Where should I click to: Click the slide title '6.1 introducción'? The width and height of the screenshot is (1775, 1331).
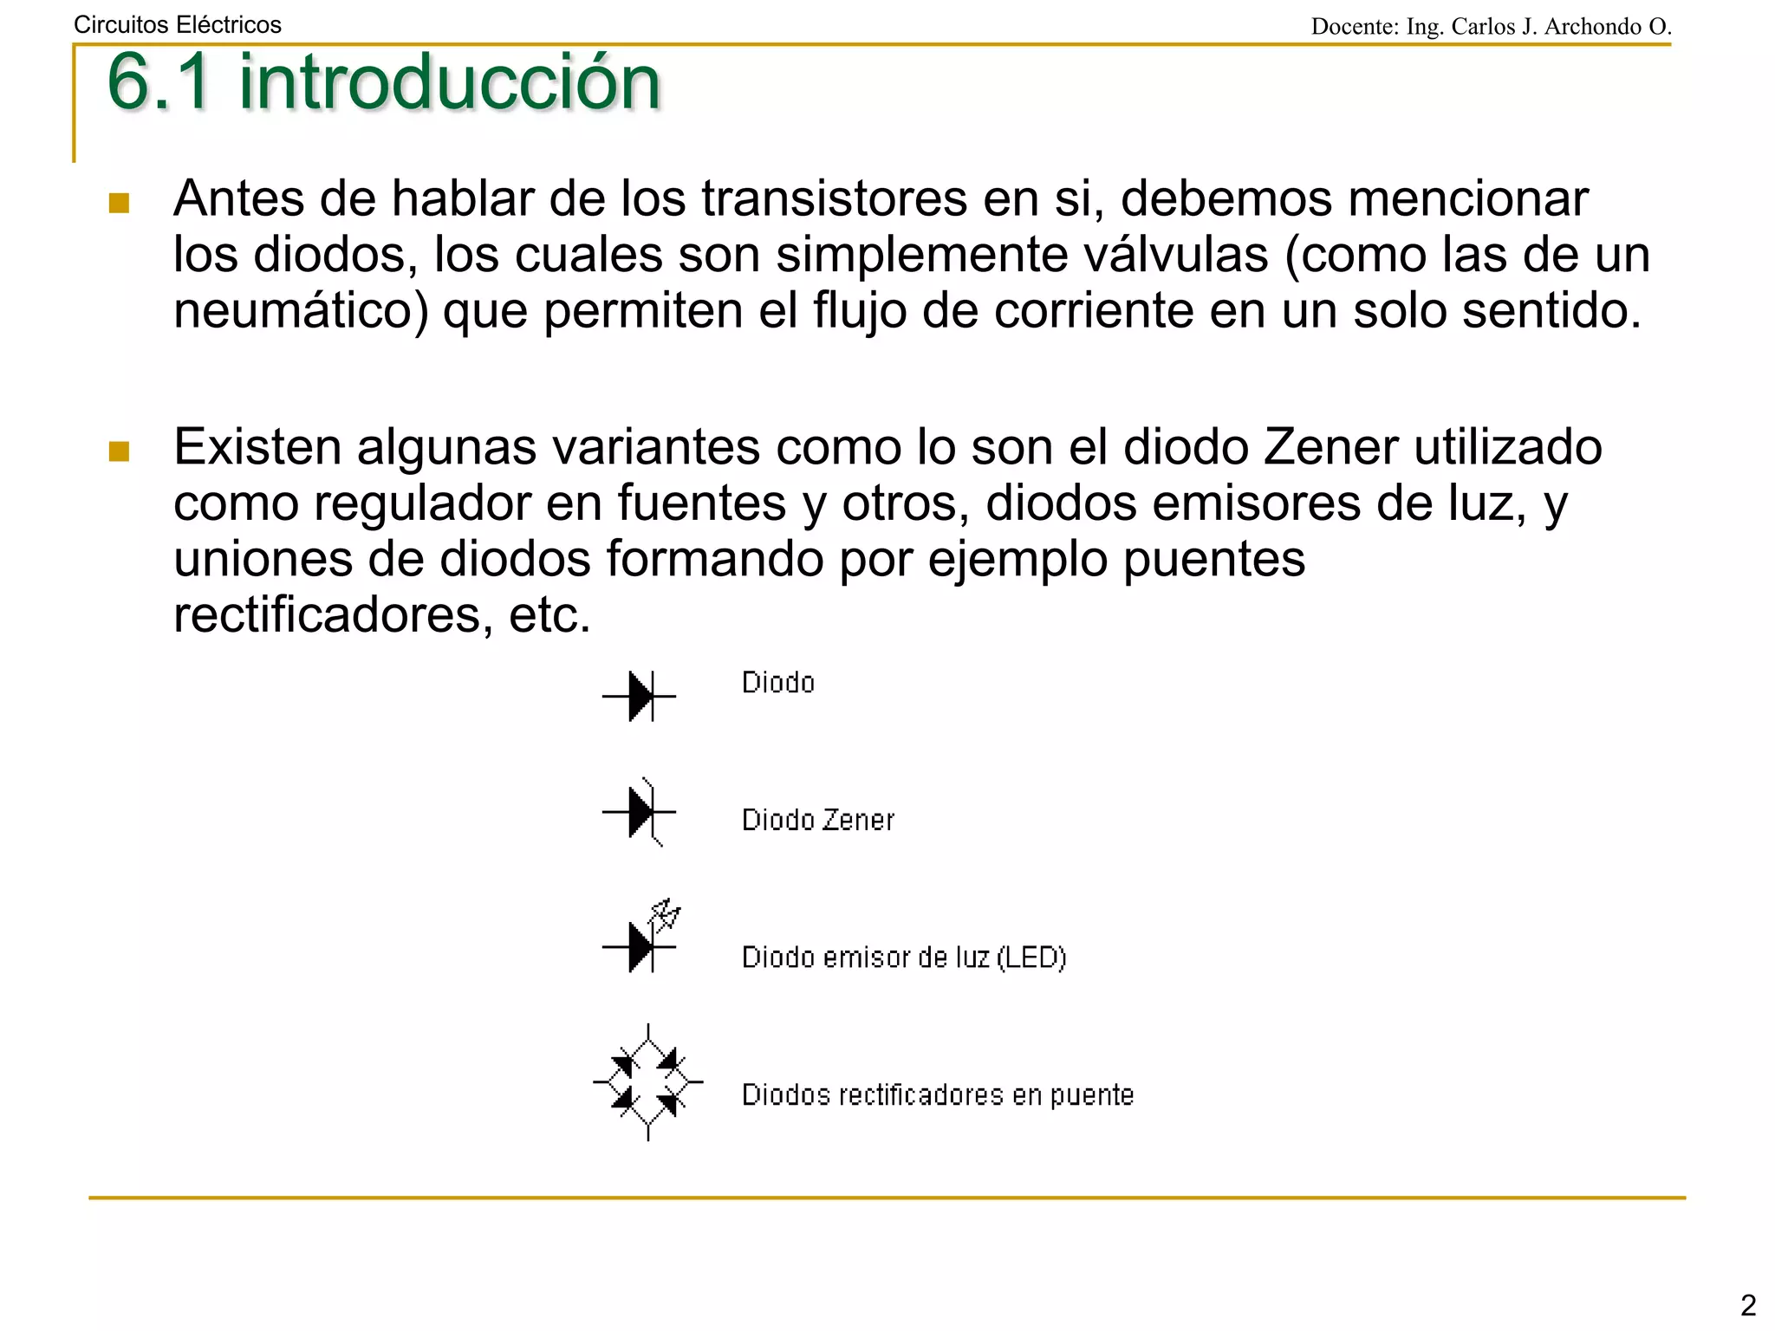tap(383, 82)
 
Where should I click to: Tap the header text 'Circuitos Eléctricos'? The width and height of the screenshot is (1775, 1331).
tap(178, 25)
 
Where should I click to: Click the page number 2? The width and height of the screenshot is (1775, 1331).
tap(1747, 1304)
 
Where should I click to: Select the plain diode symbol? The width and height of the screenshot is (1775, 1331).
tap(640, 696)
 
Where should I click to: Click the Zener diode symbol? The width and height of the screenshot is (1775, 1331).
tap(640, 813)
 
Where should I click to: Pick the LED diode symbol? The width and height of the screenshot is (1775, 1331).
tap(641, 939)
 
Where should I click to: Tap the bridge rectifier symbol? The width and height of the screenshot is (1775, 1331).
tap(648, 1082)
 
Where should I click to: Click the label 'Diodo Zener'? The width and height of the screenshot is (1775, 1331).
tap(817, 820)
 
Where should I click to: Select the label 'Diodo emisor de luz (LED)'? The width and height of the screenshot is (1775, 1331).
tap(903, 958)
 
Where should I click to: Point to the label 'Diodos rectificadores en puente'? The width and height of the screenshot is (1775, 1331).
tap(938, 1095)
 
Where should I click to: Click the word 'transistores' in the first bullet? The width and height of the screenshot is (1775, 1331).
tap(834, 199)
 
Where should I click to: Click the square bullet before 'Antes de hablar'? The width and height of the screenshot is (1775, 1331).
tap(120, 204)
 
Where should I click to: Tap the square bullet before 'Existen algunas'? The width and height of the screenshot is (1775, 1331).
tap(120, 451)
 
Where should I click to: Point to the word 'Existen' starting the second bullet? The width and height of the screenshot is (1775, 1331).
tap(257, 448)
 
